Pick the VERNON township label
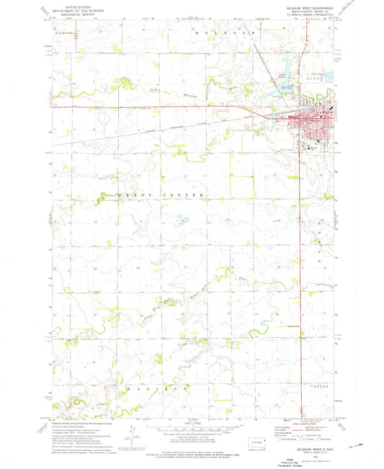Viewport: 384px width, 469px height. pyautogui.click(x=320, y=387)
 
